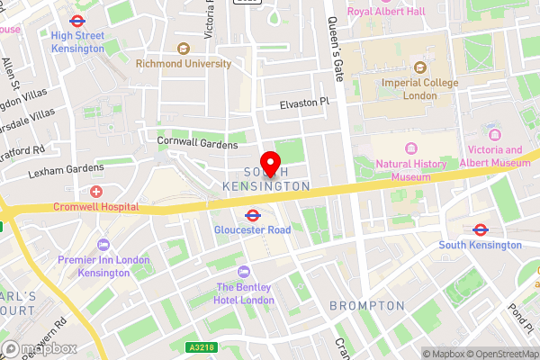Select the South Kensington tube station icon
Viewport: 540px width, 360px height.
click(481, 229)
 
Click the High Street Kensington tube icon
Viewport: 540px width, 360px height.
click(76, 21)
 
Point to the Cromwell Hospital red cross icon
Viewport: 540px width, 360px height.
click(96, 192)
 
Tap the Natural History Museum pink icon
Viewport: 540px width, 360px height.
click(412, 148)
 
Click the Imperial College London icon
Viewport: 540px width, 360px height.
click(418, 67)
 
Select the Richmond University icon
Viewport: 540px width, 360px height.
click(184, 49)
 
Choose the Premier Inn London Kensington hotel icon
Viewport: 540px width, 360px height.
click(104, 245)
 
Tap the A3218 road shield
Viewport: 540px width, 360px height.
click(201, 347)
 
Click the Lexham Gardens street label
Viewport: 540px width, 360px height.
click(66, 169)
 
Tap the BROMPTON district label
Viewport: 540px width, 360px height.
click(366, 306)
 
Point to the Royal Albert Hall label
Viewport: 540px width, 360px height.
click(386, 12)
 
